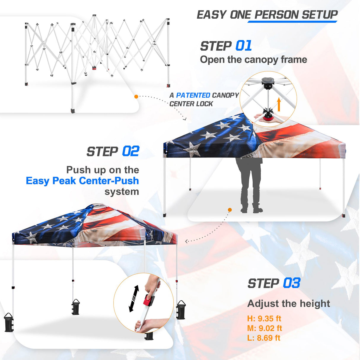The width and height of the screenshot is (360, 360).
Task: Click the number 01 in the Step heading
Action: [243, 46]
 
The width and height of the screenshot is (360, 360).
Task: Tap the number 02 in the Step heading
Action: [130, 152]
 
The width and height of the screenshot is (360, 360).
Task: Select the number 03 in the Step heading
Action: [291, 283]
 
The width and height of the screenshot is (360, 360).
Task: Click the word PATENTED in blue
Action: [193, 95]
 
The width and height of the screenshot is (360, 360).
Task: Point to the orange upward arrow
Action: [279, 105]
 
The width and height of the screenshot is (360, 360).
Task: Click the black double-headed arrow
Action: [134, 298]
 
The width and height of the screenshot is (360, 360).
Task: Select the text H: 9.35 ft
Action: [264, 318]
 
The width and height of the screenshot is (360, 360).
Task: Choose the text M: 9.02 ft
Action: [265, 328]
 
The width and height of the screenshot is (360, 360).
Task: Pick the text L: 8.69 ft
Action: [264, 338]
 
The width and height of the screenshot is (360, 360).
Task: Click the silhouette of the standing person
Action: [250, 184]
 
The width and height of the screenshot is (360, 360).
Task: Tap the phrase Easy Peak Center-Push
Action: [82, 181]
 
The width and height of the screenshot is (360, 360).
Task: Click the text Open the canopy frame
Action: [254, 60]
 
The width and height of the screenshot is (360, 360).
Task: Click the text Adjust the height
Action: [289, 303]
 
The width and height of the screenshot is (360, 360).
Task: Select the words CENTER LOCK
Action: [191, 104]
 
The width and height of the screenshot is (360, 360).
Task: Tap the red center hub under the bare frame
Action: [95, 68]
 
